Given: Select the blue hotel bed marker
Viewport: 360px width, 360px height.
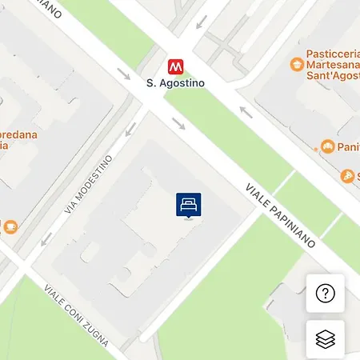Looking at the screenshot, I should [188, 205].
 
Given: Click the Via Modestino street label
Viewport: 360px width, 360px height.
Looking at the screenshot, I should [87, 185].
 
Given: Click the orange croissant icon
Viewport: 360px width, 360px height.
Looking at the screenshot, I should [326, 146].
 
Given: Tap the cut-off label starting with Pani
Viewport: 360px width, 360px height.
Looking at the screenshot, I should [349, 146].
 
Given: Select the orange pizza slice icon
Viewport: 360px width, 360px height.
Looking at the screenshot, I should [347, 176].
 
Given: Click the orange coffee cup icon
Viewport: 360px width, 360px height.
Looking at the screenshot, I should [10, 226].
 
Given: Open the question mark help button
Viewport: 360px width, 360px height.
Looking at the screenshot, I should [325, 294].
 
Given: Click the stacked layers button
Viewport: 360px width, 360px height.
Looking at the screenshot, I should [325, 339].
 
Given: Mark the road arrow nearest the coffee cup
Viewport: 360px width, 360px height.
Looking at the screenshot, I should [46, 238].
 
